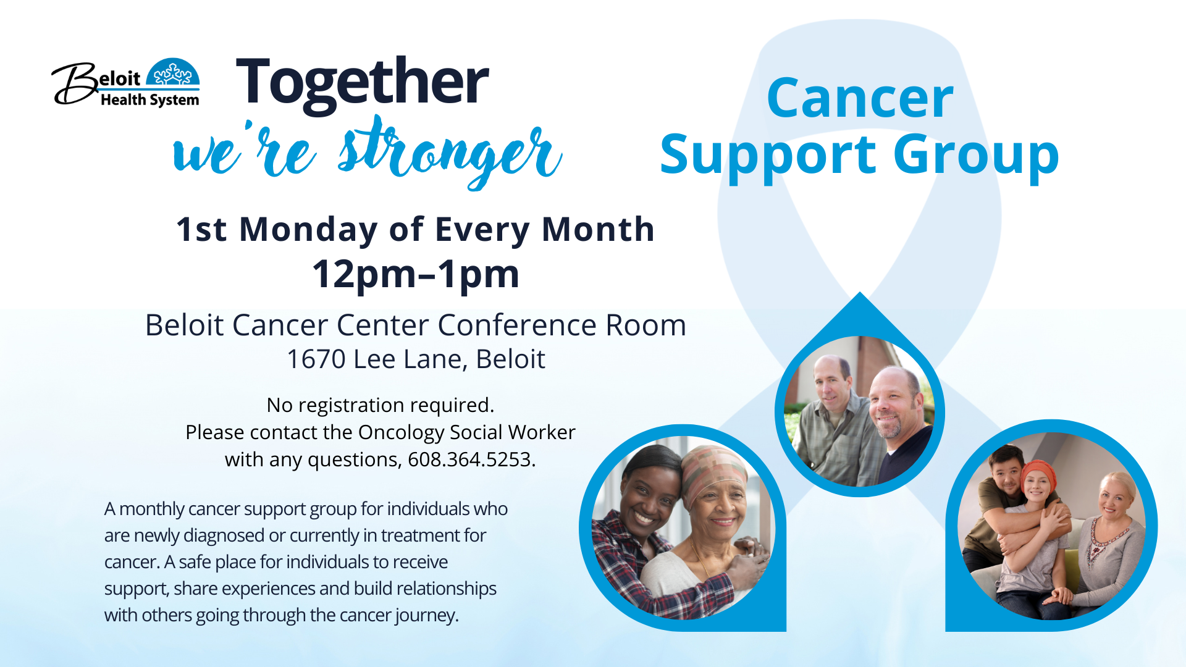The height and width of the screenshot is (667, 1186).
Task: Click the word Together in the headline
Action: click(x=363, y=84)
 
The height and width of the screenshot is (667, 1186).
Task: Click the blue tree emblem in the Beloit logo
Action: click(x=173, y=73)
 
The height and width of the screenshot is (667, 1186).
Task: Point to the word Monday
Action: click(x=308, y=230)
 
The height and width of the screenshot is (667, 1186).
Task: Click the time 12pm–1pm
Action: click(x=416, y=274)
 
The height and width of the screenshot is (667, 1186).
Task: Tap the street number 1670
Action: click(x=316, y=359)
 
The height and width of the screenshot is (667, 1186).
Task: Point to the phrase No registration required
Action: click(x=381, y=405)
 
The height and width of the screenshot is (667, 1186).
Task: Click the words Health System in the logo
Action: click(x=150, y=100)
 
